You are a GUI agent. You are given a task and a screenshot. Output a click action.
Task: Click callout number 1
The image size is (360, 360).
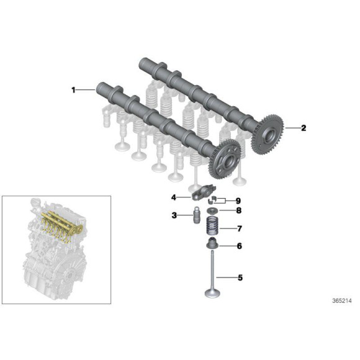(73, 90)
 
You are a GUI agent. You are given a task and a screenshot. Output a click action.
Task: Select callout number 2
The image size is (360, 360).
(304, 128)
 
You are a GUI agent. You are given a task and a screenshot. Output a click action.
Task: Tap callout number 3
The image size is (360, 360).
(174, 215)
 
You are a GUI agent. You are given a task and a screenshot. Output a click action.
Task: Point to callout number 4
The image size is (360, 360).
(174, 197)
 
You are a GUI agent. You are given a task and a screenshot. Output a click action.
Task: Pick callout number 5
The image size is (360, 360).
(240, 277)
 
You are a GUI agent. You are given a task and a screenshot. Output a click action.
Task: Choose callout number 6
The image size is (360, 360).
(240, 246)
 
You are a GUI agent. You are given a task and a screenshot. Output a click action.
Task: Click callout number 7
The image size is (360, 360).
(240, 228)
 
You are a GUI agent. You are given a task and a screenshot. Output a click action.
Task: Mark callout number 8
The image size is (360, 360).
(239, 210)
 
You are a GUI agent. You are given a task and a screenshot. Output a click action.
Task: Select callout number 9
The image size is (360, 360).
(238, 201)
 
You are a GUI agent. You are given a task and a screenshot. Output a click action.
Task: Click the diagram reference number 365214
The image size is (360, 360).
(342, 301)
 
